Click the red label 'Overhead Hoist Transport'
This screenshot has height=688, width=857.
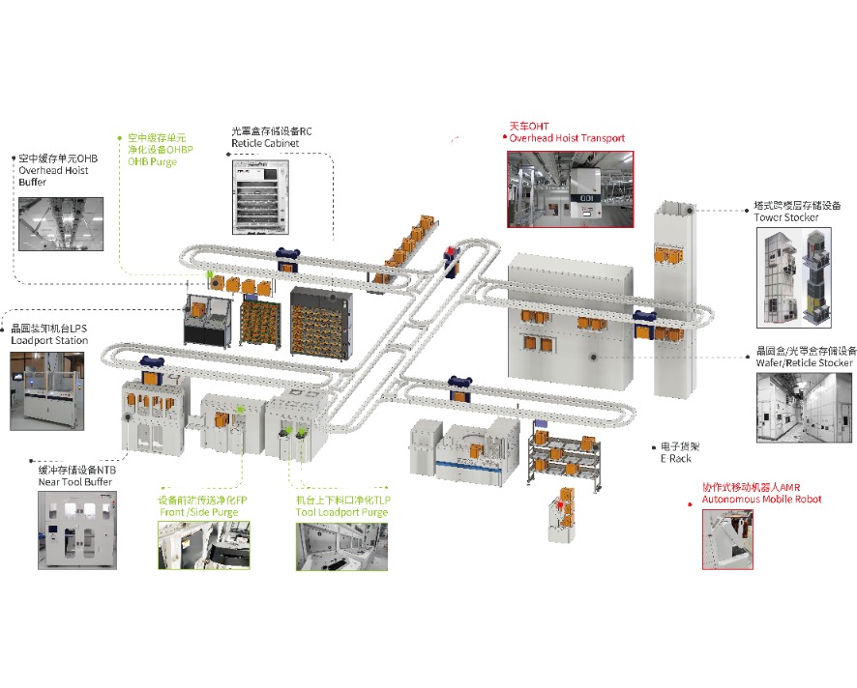pyautogui.click(x=567, y=138)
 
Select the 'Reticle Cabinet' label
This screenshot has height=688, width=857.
pyautogui.click(x=265, y=143)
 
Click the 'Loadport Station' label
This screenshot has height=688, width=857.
pyautogui.click(x=49, y=340)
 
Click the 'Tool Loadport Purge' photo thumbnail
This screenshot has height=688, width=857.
pyautogui.click(x=340, y=546)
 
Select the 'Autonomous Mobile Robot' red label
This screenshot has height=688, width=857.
pyautogui.click(x=761, y=499)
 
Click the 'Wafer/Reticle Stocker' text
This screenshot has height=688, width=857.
pyautogui.click(x=804, y=362)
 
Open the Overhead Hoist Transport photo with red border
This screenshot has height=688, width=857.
pyautogui.click(x=570, y=187)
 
